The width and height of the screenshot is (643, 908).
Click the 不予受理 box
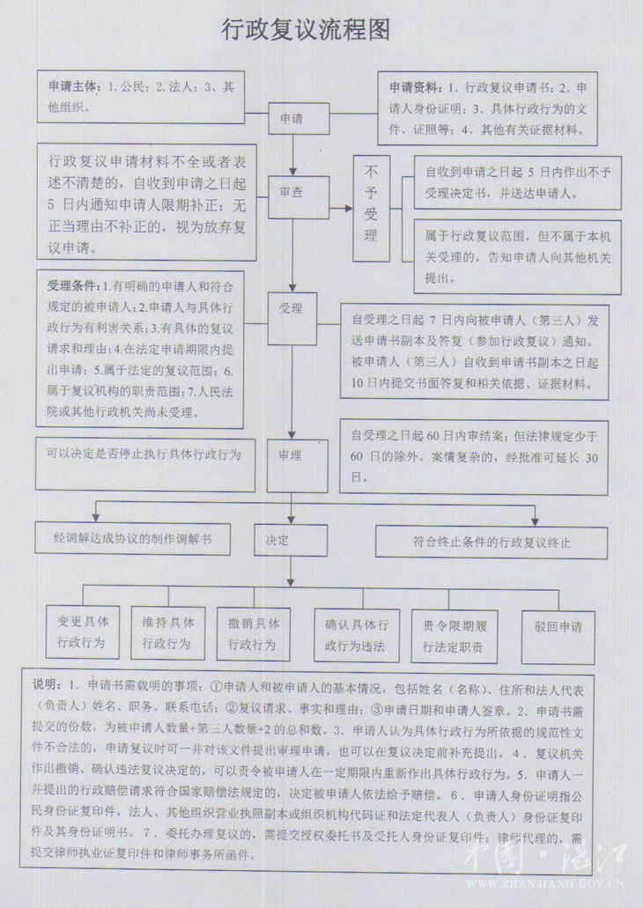pyautogui.click(x=371, y=208)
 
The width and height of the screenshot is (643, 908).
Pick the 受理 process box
pyautogui.click(x=293, y=312)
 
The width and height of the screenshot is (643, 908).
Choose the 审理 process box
pyautogui.click(x=293, y=455)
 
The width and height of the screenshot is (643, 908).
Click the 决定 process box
pyautogui.click(x=279, y=538)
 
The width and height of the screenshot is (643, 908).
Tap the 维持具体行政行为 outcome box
pyautogui.click(x=167, y=631)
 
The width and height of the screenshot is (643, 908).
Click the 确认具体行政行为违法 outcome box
pyautogui.click(x=356, y=636)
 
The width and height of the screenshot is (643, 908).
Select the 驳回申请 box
pyautogui.click(x=558, y=629)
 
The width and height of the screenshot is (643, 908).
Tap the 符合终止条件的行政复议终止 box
pyautogui.click(x=491, y=541)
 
